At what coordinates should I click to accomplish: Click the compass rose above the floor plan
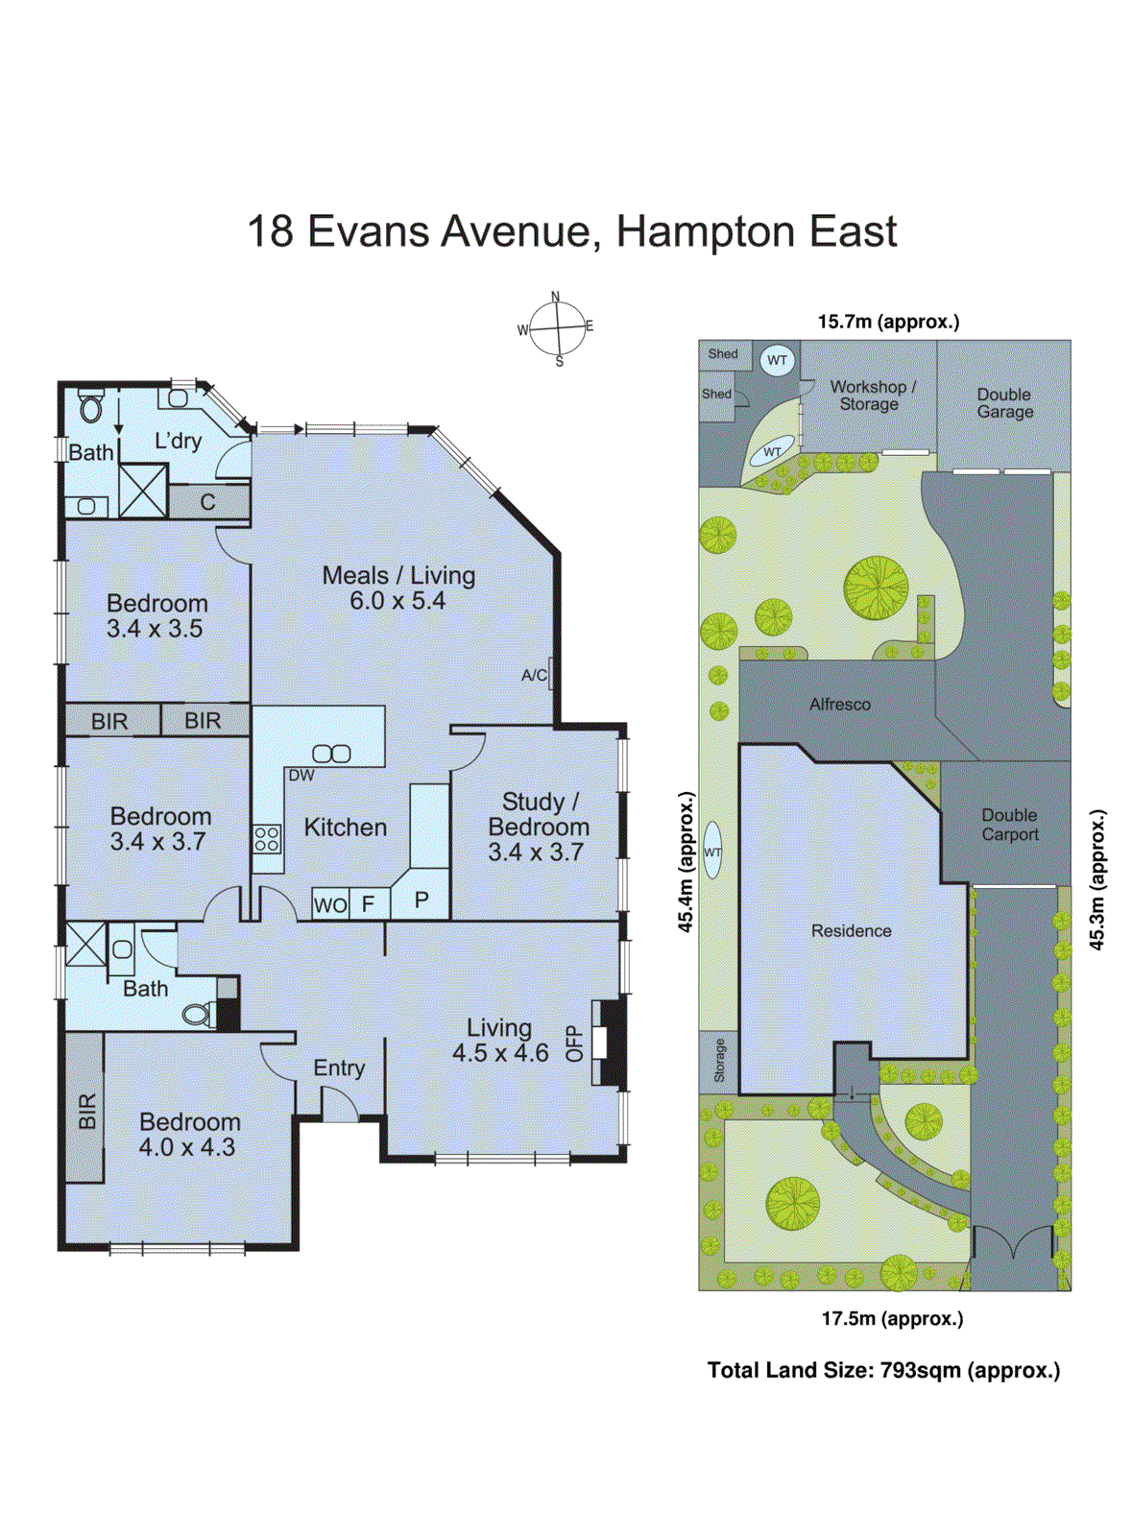pos(557,327)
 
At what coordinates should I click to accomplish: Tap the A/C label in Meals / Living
pos(534,675)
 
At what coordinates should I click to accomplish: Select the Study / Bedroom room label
pos(538,827)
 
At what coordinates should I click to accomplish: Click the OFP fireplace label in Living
pos(574,1043)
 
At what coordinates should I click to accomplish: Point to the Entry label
pos(339,1068)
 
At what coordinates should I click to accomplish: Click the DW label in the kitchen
pos(301,775)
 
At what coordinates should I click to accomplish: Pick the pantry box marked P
pos(421,900)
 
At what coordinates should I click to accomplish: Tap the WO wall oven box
pos(330,904)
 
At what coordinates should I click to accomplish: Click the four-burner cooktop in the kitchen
pos(267,839)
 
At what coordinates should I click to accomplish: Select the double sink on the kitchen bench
pos(331,754)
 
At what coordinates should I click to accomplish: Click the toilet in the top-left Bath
pos(91,407)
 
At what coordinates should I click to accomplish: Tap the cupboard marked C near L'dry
pos(208,502)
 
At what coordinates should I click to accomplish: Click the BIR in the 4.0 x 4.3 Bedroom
pos(85,1110)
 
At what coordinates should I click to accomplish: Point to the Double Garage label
pos(1004,403)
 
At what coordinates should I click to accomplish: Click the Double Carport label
pos(1009,825)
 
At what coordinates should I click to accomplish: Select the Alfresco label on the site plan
pos(839,704)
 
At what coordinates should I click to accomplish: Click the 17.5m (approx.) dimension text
pos(892,1318)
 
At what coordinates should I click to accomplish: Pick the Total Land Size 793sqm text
pos(883,1370)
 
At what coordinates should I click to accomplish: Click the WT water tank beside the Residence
pos(712,851)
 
